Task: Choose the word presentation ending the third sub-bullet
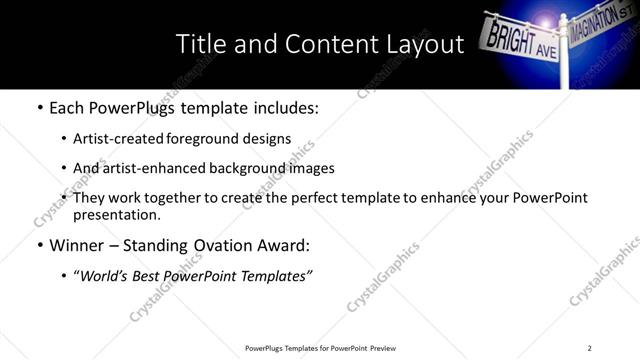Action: point(117,215)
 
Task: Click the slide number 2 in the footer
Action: point(590,348)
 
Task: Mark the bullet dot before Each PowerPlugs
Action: point(39,108)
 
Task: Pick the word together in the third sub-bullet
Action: point(168,198)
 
